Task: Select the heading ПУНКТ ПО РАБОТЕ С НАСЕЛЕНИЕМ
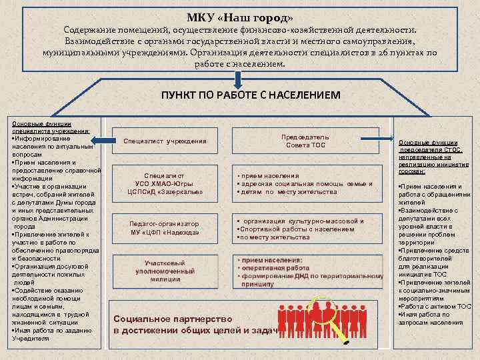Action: [250, 95]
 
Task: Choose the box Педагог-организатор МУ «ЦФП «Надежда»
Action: [164, 227]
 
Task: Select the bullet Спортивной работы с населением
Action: [297, 229]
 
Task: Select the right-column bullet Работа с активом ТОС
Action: [430, 306]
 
